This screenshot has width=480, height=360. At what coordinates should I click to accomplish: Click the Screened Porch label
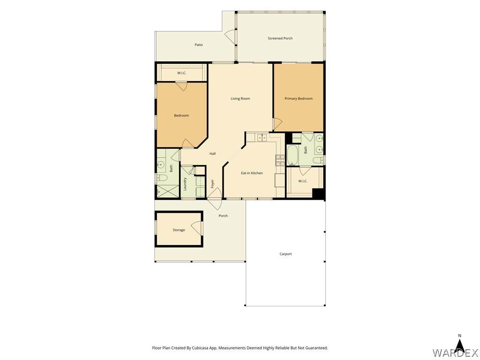point(280,38)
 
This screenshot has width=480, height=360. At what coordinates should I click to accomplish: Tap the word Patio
point(199,45)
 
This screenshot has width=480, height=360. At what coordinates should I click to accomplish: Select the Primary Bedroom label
point(299,98)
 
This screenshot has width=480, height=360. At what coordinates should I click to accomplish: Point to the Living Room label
point(240,98)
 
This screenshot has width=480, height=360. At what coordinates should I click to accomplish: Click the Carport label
point(285,254)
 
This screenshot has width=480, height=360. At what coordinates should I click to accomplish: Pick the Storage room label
point(179,230)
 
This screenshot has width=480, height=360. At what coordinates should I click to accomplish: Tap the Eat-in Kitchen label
point(252,173)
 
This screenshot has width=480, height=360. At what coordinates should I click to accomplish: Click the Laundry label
point(185,184)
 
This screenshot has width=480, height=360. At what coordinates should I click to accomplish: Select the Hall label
point(212,153)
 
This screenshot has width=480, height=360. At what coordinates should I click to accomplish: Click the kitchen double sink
point(262,138)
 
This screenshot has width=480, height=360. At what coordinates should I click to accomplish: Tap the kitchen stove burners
point(280,160)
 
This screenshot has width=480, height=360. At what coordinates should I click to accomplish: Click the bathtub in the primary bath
point(292,156)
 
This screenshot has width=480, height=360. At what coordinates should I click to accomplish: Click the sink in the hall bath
point(160,165)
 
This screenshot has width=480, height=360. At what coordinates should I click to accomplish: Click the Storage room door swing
point(196,228)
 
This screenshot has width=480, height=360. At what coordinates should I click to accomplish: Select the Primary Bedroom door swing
point(277,124)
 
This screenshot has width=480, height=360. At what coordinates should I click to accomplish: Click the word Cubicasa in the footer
point(199,348)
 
